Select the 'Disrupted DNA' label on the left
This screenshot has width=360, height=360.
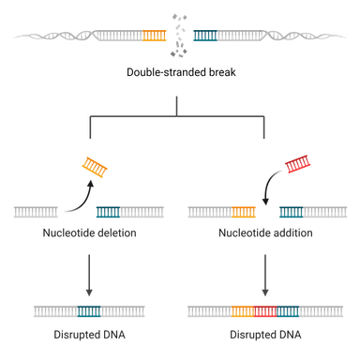coord(86,334)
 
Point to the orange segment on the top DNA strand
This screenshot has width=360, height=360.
coord(156,37)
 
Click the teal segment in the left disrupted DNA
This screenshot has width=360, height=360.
coord(89,310)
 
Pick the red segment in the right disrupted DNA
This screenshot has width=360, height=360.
coord(265,310)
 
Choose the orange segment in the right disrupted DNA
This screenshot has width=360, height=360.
coord(242,310)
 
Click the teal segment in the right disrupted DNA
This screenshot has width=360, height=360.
coord(288,310)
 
